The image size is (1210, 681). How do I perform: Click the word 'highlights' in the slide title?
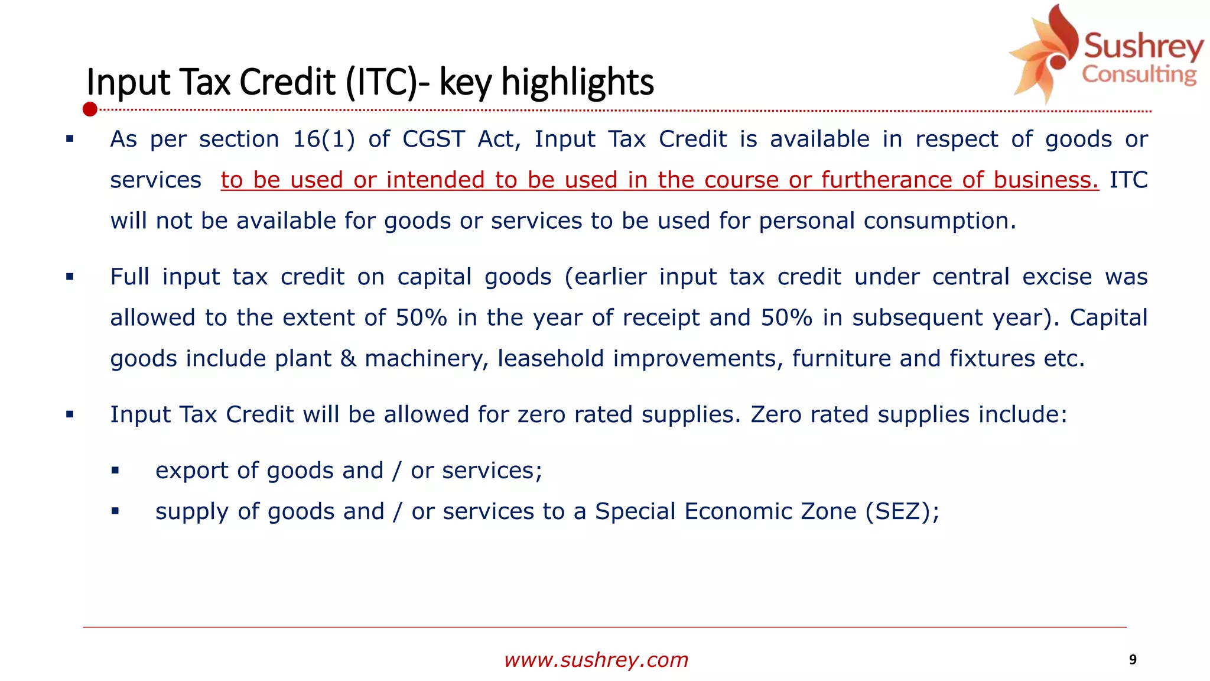[577, 82]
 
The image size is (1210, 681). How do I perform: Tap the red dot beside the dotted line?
[90, 109]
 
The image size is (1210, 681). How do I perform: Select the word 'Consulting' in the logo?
[1139, 75]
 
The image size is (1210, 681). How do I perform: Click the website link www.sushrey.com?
[596, 660]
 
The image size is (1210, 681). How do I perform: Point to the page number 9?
[1133, 660]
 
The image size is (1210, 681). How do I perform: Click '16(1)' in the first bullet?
[324, 140]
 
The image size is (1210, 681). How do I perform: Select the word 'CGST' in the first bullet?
[434, 140]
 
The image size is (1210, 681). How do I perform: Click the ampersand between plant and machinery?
[348, 359]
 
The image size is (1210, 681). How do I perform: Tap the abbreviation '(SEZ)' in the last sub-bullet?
[897, 511]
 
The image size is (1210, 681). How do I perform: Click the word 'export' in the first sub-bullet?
[191, 471]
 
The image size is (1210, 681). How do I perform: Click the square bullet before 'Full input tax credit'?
[70, 277]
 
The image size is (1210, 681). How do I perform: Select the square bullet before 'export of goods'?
[115, 471]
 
